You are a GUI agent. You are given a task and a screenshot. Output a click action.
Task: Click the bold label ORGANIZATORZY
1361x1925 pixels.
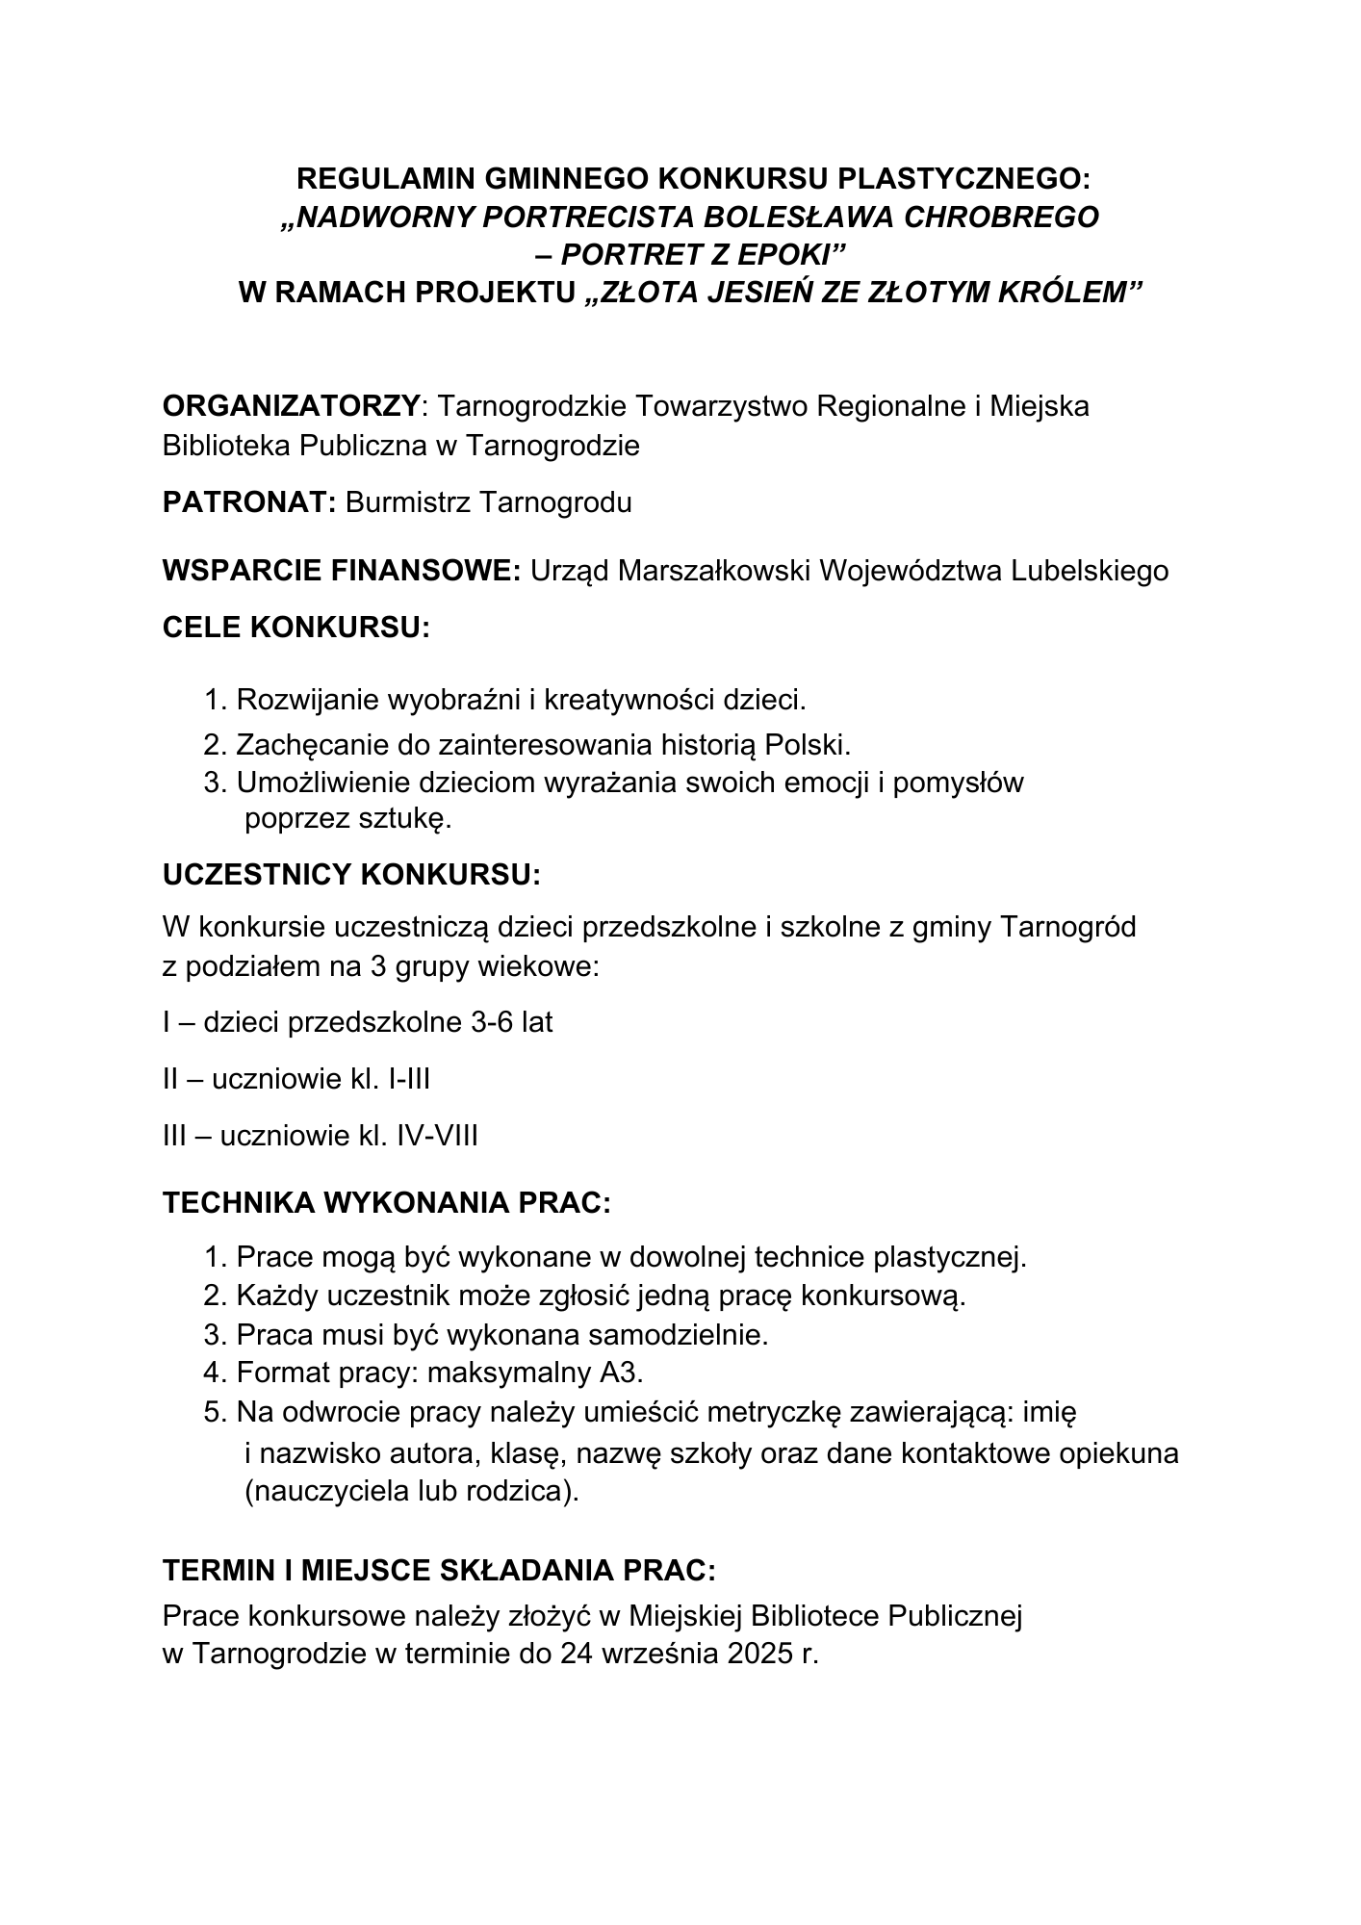[x=292, y=406]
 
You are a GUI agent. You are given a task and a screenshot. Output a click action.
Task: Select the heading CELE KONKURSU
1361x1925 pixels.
[x=296, y=628]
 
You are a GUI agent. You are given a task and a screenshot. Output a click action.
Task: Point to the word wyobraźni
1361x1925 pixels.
[x=454, y=700]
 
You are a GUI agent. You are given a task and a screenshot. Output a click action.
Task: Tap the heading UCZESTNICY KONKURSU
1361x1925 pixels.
[x=351, y=876]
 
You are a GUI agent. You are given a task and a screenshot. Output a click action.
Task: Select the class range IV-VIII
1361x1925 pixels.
[x=437, y=1137]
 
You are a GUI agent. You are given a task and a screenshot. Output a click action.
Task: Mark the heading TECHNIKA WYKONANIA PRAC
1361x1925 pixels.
[x=387, y=1203]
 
